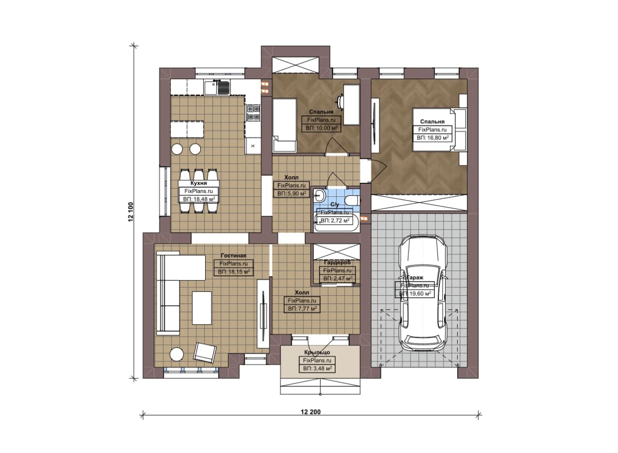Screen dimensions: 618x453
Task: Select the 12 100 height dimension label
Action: click(x=131, y=212)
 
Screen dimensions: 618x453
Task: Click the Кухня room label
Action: click(x=198, y=183)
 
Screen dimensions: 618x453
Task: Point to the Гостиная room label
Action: click(x=233, y=256)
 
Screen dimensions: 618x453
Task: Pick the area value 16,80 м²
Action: click(x=436, y=137)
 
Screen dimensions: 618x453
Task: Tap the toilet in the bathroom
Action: click(x=353, y=200)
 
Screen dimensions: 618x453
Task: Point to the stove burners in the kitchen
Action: click(x=253, y=113)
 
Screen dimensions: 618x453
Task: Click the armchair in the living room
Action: click(x=205, y=352)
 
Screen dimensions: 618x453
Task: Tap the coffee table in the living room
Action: click(x=202, y=308)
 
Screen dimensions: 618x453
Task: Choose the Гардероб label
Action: click(x=337, y=262)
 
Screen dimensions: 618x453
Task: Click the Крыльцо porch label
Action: click(x=317, y=352)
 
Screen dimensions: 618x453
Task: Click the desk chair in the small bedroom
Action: click(x=340, y=102)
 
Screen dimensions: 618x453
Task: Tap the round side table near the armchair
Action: click(x=177, y=354)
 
